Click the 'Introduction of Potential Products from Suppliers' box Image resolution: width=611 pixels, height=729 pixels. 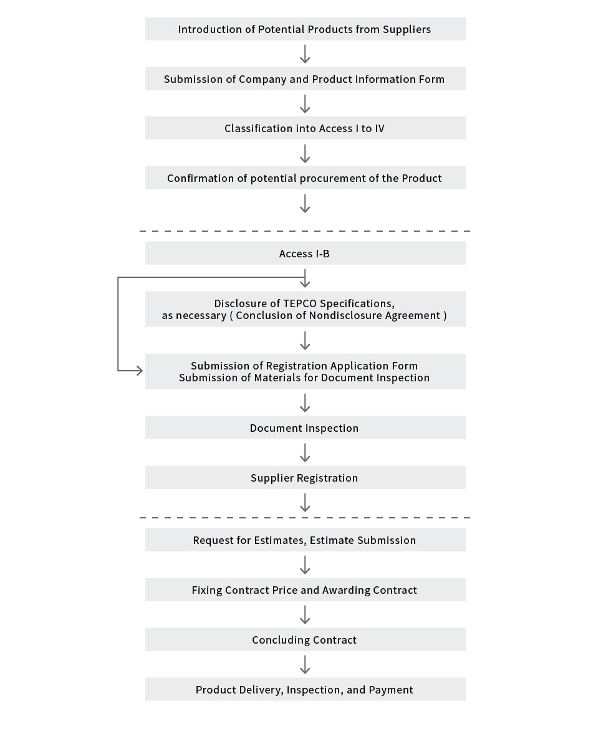click(x=305, y=29)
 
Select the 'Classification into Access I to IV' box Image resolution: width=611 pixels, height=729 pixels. click(x=305, y=128)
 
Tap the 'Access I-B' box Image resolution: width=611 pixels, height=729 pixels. click(x=305, y=253)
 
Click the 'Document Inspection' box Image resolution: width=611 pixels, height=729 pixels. click(x=305, y=427)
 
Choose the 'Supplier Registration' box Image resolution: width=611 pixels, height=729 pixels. click(x=305, y=477)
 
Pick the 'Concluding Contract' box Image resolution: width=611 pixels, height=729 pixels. click(x=305, y=639)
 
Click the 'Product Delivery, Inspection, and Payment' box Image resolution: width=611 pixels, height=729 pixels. click(x=305, y=689)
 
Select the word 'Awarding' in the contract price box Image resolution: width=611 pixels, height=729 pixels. click(x=344, y=590)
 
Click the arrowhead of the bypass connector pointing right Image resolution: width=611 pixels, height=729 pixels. click(x=139, y=371)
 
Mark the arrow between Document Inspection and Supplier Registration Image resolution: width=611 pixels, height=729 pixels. click(x=305, y=452)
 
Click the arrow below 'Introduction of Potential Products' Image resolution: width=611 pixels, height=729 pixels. click(x=305, y=54)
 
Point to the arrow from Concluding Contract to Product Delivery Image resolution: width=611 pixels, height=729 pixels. click(x=305, y=664)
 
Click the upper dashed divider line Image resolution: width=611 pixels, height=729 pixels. click(x=305, y=231)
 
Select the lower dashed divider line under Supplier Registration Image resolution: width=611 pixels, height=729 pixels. click(x=305, y=517)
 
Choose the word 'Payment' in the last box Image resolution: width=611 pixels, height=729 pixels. click(x=391, y=690)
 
